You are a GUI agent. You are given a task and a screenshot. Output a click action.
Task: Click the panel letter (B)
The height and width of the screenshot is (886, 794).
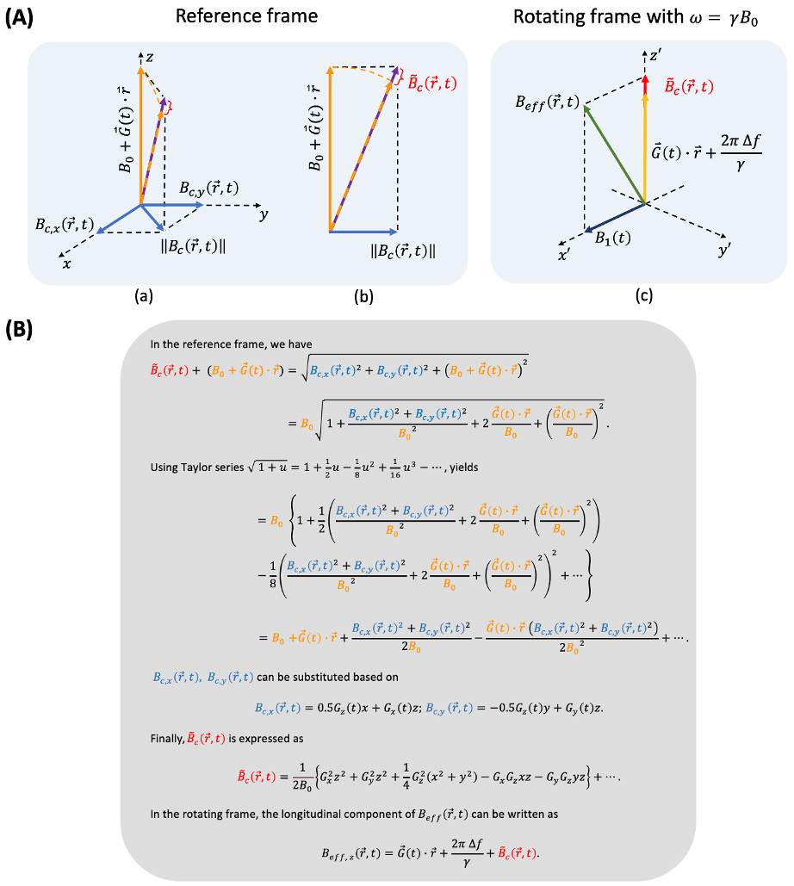coord(19,330)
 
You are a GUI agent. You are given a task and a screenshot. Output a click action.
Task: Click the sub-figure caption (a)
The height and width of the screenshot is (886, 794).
coord(145,297)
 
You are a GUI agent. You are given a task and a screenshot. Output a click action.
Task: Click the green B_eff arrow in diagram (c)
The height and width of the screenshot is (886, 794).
coord(613,155)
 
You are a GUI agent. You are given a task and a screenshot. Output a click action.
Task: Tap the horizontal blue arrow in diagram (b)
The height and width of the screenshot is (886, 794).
coord(363,231)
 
